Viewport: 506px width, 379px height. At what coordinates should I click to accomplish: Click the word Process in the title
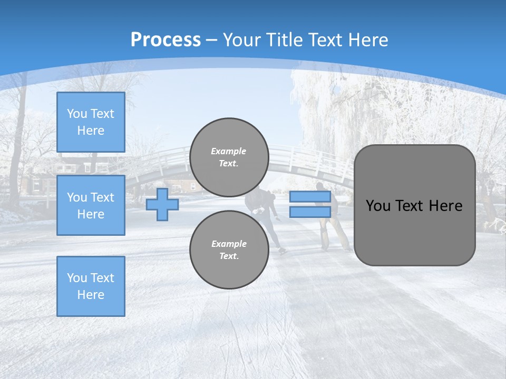(x=166, y=40)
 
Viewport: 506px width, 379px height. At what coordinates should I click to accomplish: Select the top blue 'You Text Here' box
(x=91, y=122)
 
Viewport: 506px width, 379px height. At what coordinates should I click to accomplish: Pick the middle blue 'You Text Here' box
(x=91, y=205)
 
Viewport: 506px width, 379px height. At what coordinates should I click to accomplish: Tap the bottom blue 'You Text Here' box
(x=91, y=286)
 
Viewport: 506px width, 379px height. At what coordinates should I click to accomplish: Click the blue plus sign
(x=162, y=204)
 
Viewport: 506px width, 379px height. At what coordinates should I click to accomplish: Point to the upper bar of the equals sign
(x=310, y=197)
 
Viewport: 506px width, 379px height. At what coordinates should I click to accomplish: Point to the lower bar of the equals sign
(x=310, y=212)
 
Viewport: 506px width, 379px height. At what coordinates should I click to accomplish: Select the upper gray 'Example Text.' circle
(x=229, y=157)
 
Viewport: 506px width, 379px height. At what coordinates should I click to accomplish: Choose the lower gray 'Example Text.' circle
(x=229, y=250)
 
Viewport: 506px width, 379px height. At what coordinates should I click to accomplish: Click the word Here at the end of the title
(x=367, y=40)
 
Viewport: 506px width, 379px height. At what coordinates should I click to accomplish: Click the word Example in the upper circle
(x=229, y=151)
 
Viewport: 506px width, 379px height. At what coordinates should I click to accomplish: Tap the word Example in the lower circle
(x=229, y=244)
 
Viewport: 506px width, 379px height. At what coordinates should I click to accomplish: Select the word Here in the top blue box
(x=91, y=131)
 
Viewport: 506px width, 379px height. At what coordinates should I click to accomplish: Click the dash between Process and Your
(x=212, y=40)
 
